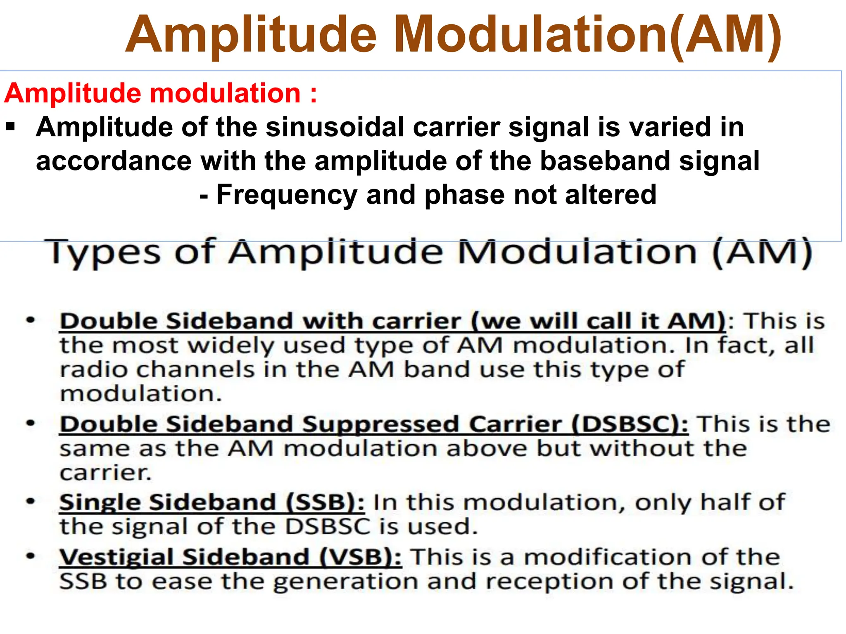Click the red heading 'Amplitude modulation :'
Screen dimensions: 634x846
tap(160, 93)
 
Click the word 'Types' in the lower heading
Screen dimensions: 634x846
tap(103, 253)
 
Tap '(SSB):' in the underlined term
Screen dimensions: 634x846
tap(325, 502)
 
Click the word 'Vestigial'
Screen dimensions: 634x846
tap(116, 557)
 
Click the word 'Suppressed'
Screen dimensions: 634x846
tap(380, 425)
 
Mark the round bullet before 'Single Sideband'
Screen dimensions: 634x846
tap(31, 502)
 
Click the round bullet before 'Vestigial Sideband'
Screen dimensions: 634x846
tap(31, 556)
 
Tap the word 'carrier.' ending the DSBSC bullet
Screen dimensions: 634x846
tap(106, 473)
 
